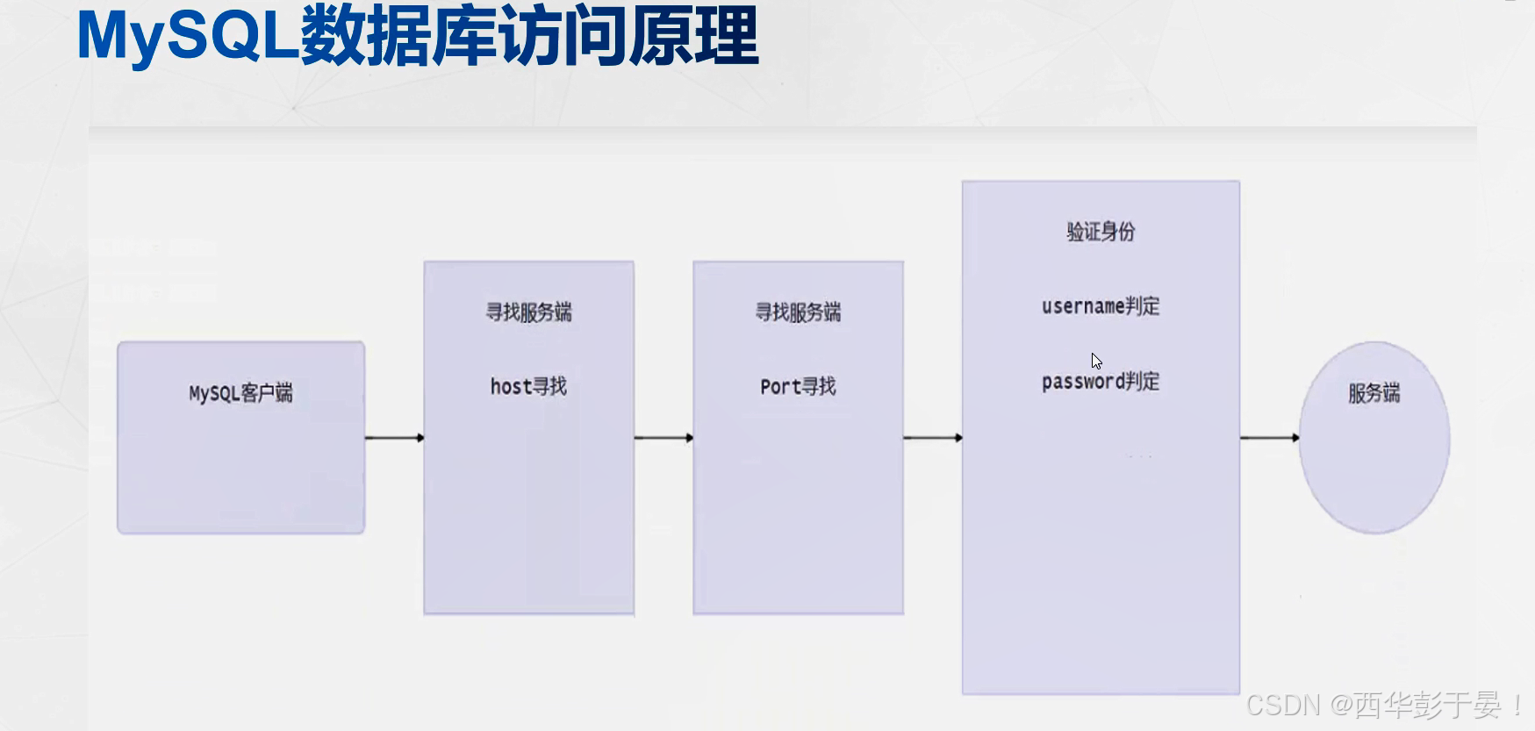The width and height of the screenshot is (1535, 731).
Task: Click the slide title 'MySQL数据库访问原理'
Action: (x=418, y=37)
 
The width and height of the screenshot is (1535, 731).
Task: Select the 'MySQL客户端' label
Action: (x=241, y=393)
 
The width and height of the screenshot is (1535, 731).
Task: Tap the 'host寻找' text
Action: (x=528, y=386)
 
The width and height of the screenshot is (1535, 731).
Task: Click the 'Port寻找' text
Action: (x=798, y=386)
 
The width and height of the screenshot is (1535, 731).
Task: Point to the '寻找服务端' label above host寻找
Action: (x=528, y=312)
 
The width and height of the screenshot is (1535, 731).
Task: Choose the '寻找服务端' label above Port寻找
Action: (x=798, y=312)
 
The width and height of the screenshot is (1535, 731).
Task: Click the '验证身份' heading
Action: (x=1101, y=232)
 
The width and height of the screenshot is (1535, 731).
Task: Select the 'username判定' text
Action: (x=1101, y=306)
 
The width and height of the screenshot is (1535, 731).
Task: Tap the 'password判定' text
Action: (x=1101, y=382)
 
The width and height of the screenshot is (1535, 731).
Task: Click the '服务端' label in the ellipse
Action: (x=1374, y=393)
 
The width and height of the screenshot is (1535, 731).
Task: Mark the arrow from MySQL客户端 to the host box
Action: (x=394, y=437)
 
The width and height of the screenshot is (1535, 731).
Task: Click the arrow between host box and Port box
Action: (x=663, y=437)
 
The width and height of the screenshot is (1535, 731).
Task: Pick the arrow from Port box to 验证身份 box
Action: (x=933, y=437)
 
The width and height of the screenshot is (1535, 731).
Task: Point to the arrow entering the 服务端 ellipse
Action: (x=1270, y=437)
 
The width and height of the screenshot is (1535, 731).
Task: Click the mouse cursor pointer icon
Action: (x=1096, y=361)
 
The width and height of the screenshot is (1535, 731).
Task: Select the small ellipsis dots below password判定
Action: (x=1139, y=456)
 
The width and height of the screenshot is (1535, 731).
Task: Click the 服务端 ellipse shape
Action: (x=1374, y=438)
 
